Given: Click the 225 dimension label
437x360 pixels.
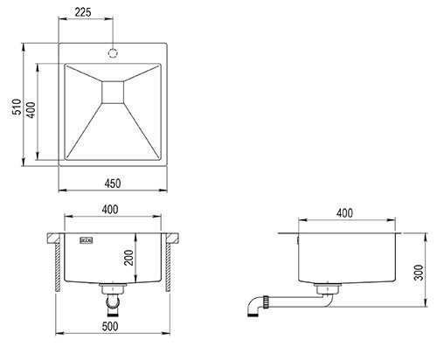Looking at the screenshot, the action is pos(83,12).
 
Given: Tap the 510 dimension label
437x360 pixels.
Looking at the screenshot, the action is pos(17,107).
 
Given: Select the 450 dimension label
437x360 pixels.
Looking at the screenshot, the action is pos(113,183).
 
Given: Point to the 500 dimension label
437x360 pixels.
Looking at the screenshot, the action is pos(110,326).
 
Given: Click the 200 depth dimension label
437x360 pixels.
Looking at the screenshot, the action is pos(128,258).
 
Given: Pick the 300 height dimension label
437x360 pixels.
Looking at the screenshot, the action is pos(419,273).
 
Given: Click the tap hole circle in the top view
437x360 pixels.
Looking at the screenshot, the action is pos(113,53).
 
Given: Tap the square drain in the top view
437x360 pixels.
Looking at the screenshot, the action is pos(113,92).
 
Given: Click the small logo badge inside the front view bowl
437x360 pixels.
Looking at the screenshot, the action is pos(87,240).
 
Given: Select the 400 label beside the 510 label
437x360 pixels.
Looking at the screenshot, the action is pos(31,110).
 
